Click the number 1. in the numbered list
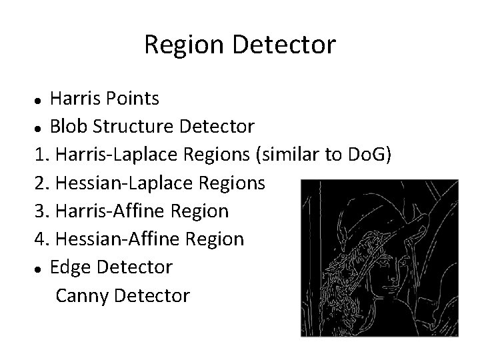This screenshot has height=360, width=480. pyautogui.click(x=41, y=155)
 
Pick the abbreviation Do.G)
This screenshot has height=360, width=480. pyautogui.click(x=373, y=155)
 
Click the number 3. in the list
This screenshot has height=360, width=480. pyautogui.click(x=41, y=211)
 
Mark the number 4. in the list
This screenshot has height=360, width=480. pyautogui.click(x=41, y=239)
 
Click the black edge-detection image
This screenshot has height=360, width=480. pyautogui.click(x=379, y=257)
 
